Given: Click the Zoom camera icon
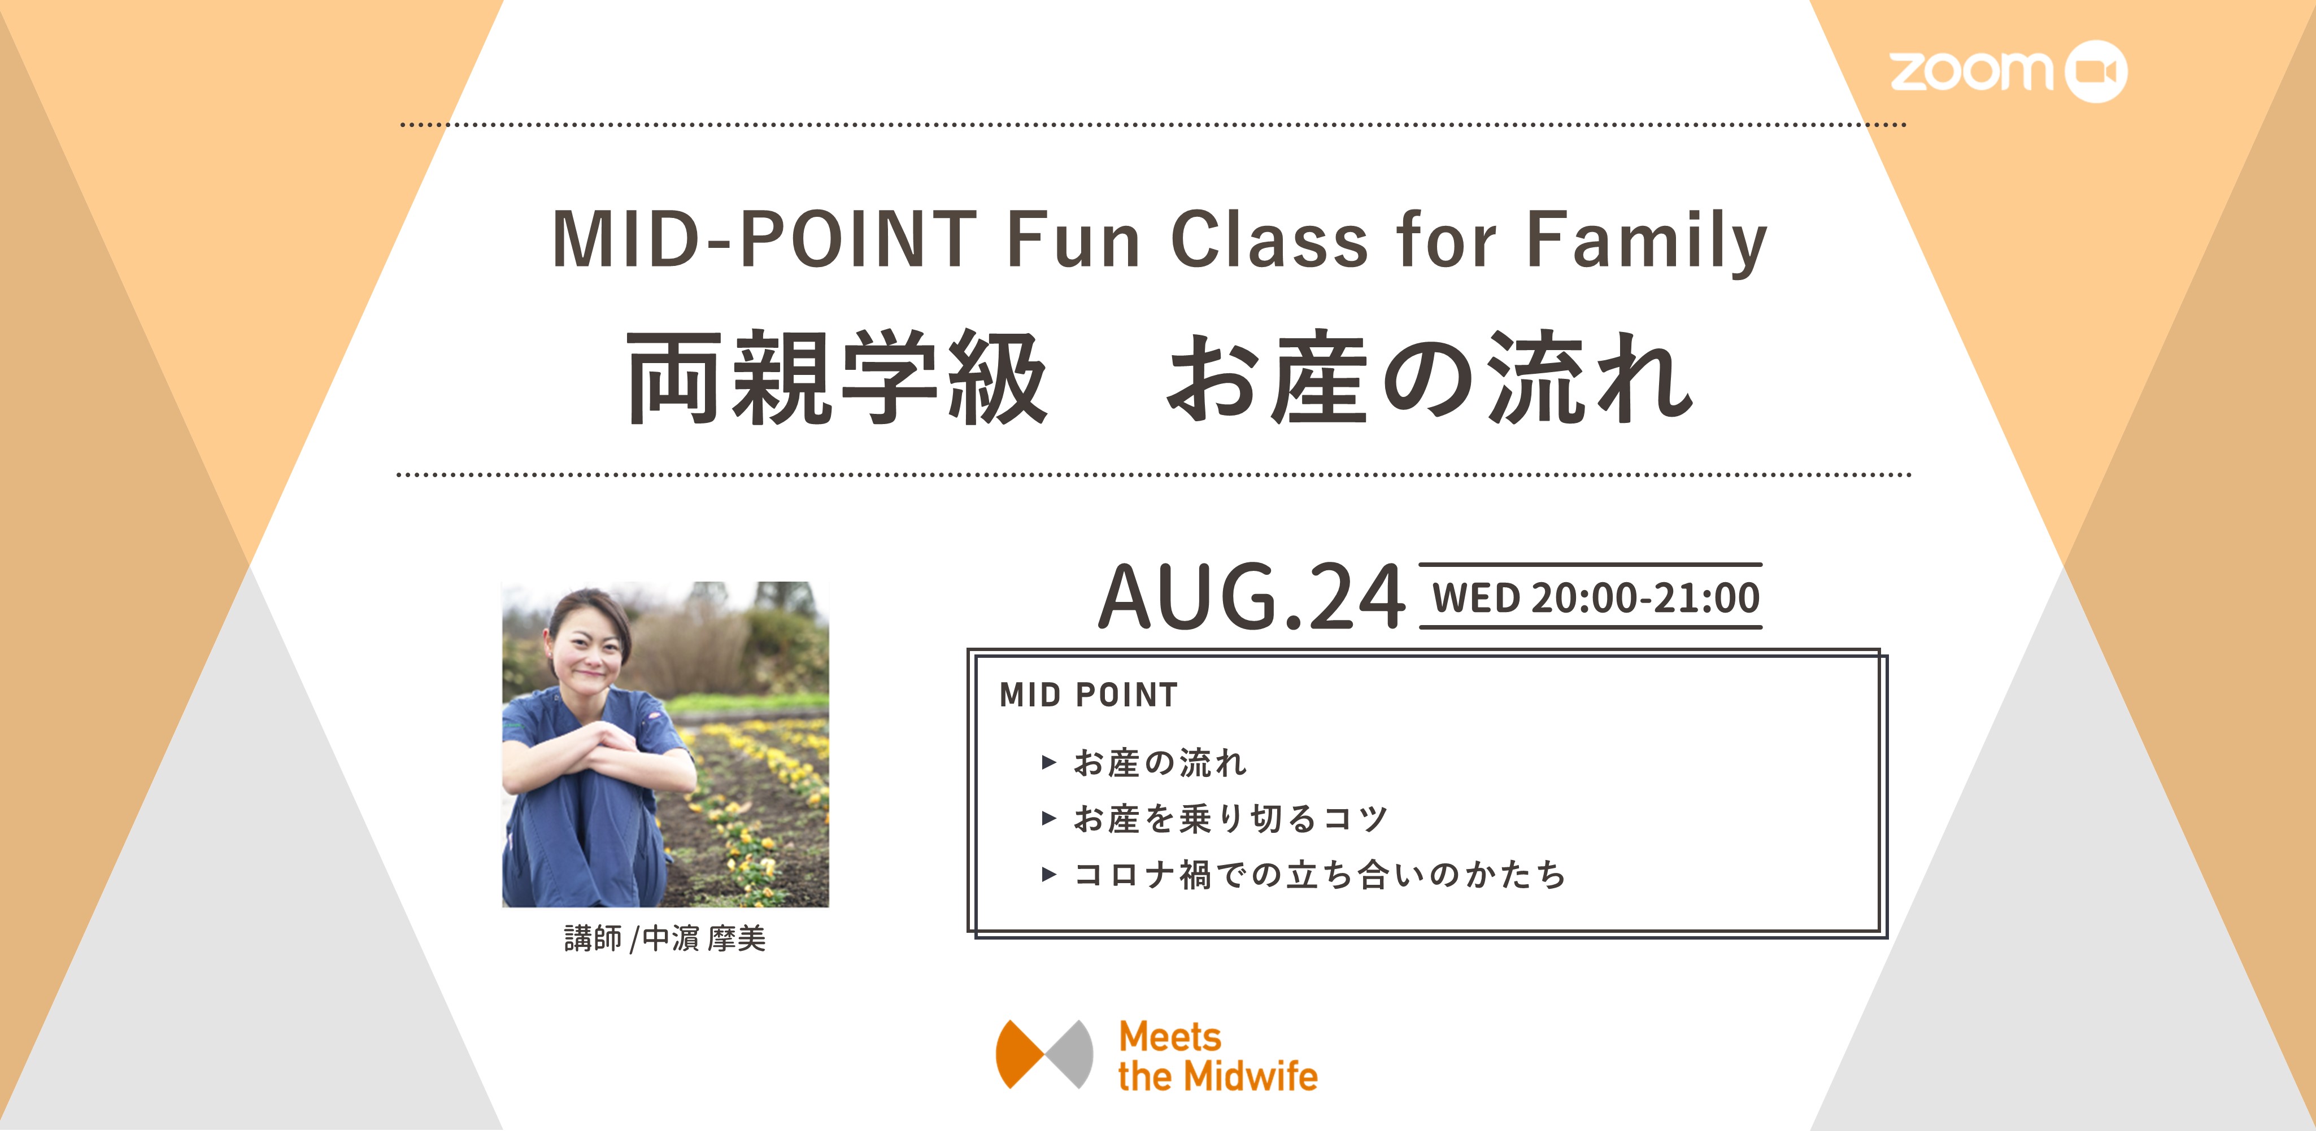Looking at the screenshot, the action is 2096,71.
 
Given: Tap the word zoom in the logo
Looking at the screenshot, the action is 1971,72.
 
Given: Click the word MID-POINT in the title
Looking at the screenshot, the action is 764,239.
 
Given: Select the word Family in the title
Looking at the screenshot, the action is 1647,241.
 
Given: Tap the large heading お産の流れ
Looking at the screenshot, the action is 1430,378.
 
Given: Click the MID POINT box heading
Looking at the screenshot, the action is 1088,695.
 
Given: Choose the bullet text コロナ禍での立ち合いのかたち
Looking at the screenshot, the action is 1320,874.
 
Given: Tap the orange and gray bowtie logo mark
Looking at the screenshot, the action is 1044,1054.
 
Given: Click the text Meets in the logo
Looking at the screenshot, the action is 1170,1037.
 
